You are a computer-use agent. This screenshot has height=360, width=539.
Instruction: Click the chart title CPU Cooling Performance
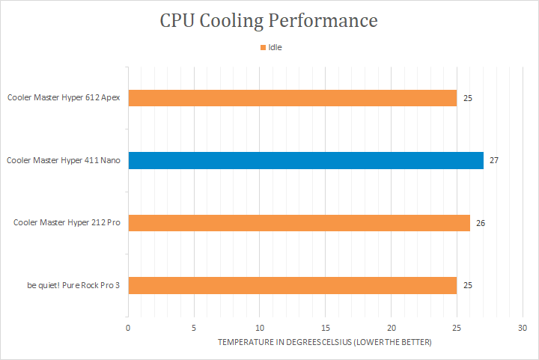point(269,20)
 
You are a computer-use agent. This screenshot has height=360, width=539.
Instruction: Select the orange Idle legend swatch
point(263,47)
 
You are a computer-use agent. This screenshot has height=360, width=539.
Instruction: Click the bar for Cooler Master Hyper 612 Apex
point(292,98)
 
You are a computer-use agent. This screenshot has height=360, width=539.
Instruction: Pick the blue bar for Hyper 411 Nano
point(305,160)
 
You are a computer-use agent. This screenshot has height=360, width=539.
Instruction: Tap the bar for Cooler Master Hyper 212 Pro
point(299,223)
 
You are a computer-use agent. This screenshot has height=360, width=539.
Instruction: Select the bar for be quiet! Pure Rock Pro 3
point(292,285)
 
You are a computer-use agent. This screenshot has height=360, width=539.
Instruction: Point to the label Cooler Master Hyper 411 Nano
point(64,160)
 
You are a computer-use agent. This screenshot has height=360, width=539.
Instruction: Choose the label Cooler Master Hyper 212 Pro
point(67,223)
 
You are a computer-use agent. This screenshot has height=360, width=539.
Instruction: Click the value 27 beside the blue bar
point(494,160)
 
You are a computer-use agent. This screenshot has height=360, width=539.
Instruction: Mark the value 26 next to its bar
point(481,223)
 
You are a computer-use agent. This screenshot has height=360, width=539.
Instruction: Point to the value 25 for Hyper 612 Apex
point(467,98)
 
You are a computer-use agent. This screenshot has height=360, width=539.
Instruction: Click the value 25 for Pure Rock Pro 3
point(467,285)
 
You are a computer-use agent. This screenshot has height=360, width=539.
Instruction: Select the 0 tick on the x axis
point(128,328)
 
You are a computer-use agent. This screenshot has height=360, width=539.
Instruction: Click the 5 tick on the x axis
point(194,328)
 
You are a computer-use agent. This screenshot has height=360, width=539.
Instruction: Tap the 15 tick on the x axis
point(325,328)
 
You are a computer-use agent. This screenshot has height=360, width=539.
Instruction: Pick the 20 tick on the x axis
point(391,328)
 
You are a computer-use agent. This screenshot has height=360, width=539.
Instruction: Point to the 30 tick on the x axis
point(523,328)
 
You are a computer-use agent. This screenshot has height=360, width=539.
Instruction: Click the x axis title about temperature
point(325,342)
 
